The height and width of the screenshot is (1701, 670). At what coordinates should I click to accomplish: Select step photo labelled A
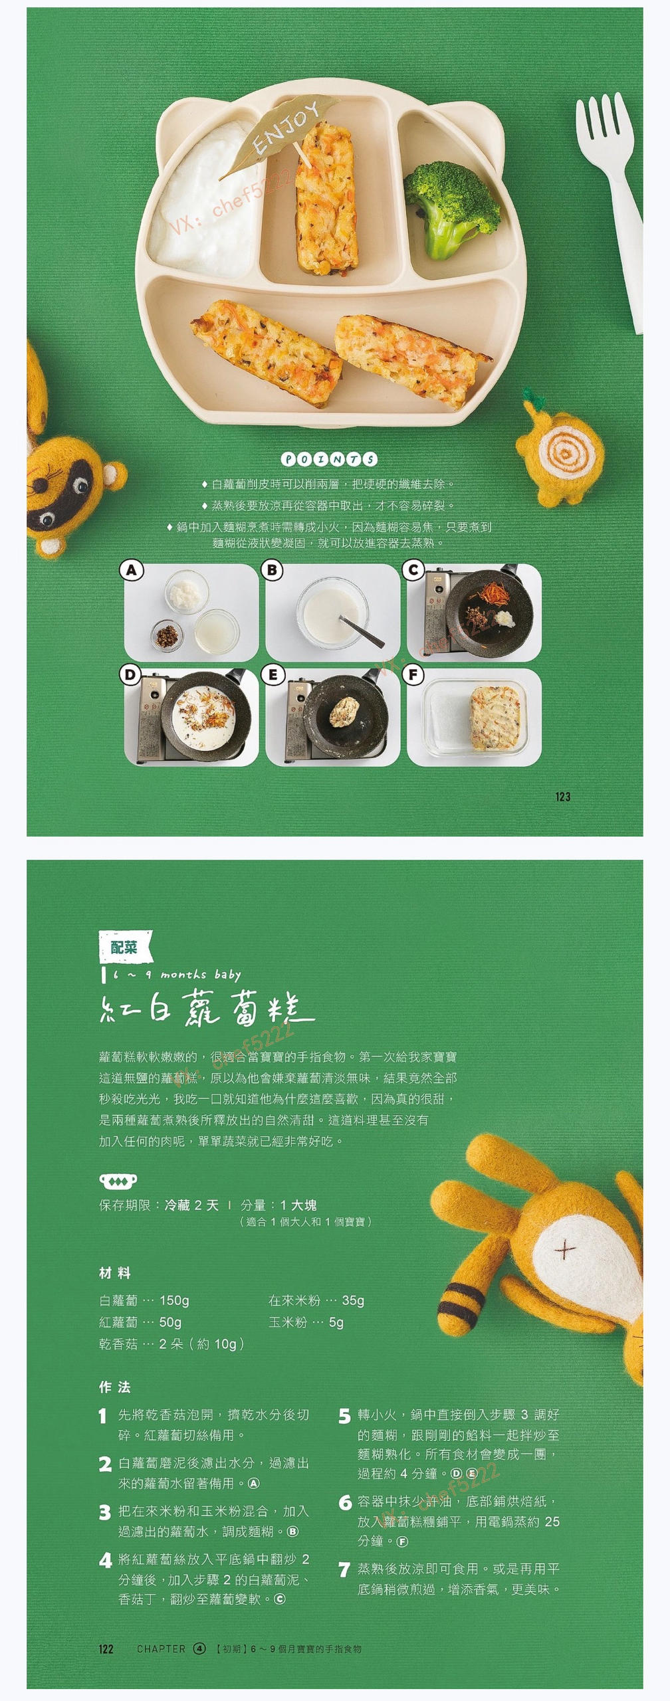pyautogui.click(x=191, y=612)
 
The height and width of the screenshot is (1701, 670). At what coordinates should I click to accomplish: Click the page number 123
pyautogui.click(x=562, y=797)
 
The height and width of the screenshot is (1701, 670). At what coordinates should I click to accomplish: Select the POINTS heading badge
pyautogui.click(x=329, y=459)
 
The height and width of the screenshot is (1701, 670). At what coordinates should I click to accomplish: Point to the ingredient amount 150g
pyautogui.click(x=174, y=1300)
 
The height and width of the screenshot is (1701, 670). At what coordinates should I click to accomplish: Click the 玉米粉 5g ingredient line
pyautogui.click(x=306, y=1322)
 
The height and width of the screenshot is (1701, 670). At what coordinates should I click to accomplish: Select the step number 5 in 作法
pyautogui.click(x=344, y=1416)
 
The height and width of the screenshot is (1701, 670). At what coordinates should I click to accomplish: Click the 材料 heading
pyautogui.click(x=115, y=1273)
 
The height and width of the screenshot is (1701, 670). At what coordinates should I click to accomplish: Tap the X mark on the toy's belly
pyautogui.click(x=564, y=1250)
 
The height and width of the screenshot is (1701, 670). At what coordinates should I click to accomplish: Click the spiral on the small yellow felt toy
pyautogui.click(x=564, y=454)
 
